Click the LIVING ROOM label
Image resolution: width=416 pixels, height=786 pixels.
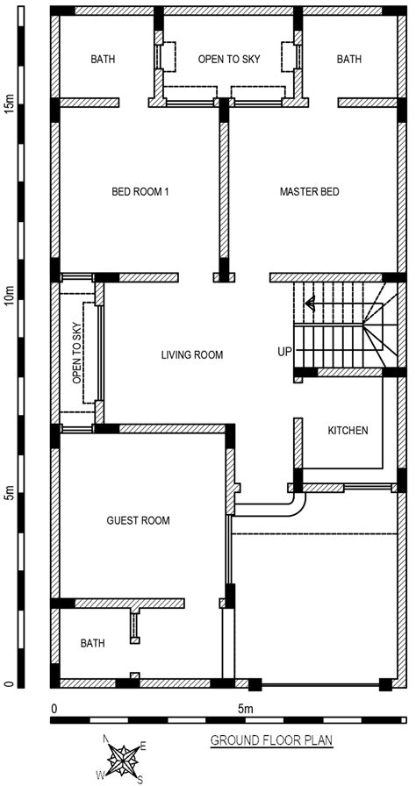tap(192, 355)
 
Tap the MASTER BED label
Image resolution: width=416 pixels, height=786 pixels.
tap(309, 191)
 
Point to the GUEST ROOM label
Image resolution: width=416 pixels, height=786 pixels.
tap(139, 521)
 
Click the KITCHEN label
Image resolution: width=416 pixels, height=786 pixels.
tap(348, 430)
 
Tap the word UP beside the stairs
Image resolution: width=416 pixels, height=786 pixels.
tap(284, 352)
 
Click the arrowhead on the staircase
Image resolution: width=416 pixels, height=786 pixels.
tap(309, 304)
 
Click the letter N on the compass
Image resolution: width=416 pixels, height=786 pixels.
tap(106, 739)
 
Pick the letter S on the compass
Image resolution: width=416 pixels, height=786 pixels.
tap(140, 779)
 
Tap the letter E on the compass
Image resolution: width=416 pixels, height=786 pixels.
tap(143, 747)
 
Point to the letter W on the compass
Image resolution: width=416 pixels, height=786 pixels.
tap(100, 775)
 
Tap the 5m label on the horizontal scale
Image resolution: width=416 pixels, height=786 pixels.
tap(246, 709)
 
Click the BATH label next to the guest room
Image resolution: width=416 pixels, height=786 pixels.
tap(93, 643)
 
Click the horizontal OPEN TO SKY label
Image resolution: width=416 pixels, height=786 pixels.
tap(229, 59)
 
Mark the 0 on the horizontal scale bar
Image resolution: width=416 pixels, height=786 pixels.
tap(54, 709)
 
